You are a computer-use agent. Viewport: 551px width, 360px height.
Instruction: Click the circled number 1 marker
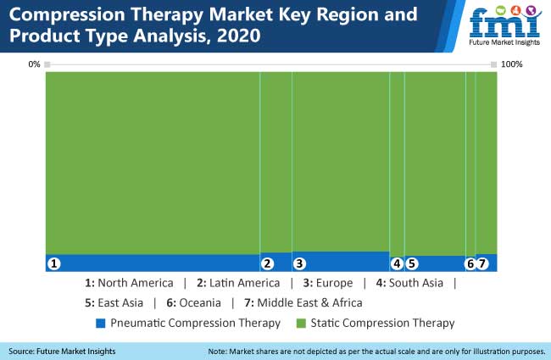[53, 263]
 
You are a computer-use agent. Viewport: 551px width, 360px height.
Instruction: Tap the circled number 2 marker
[267, 263]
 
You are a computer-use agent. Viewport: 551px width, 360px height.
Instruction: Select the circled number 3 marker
[299, 263]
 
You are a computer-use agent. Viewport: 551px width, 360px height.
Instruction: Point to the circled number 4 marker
[397, 263]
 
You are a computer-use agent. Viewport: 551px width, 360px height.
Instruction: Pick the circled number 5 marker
[412, 263]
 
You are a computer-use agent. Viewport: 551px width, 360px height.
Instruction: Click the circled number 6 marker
[470, 263]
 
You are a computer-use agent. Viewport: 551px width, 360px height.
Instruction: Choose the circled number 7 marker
[482, 263]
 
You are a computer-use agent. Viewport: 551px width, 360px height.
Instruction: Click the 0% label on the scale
[34, 64]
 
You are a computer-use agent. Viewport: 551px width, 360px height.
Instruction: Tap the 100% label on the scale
[512, 64]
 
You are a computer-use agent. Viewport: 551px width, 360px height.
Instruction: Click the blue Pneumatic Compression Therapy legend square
[101, 323]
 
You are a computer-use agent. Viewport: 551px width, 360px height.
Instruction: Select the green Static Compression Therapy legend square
[301, 323]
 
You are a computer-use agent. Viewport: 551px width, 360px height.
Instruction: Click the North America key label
[136, 283]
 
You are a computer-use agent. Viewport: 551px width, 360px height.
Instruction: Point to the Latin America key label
[245, 283]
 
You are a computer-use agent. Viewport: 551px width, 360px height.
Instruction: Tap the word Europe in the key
[334, 283]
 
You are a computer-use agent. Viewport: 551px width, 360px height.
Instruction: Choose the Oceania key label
[200, 302]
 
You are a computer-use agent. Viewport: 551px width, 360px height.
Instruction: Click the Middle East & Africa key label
[309, 302]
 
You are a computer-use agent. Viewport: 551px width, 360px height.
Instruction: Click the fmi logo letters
[505, 24]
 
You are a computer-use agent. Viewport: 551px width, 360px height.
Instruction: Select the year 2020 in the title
[238, 36]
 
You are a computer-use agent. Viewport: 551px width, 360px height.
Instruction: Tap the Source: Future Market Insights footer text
[62, 352]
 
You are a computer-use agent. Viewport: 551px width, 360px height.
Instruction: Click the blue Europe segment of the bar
[341, 261]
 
